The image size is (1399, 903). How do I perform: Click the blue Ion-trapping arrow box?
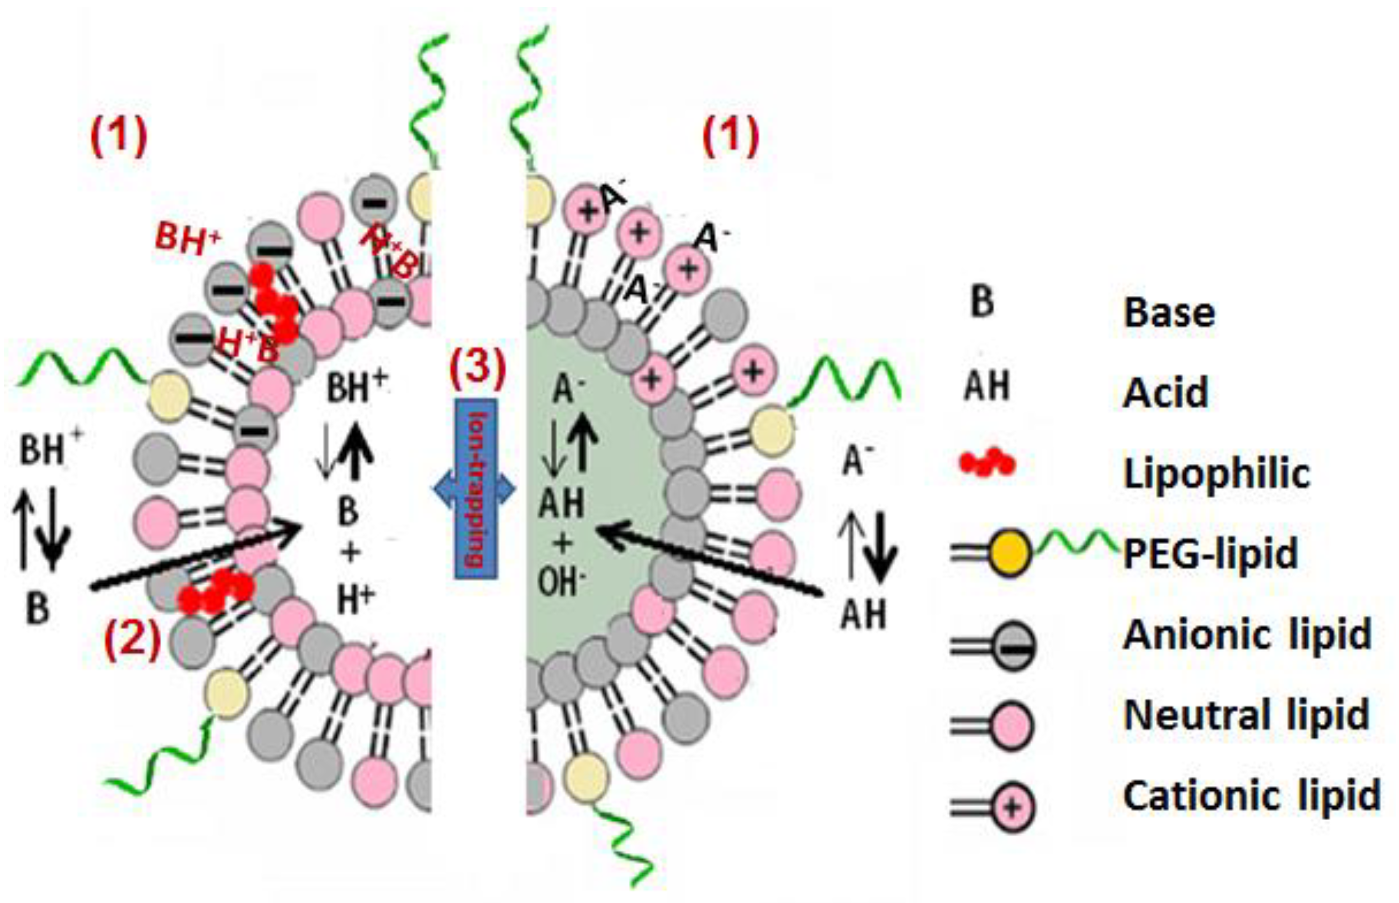(476, 488)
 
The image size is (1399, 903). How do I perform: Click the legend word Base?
(1169, 312)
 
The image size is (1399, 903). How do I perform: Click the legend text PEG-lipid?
(1210, 553)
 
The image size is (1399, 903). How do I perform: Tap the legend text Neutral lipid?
(1246, 715)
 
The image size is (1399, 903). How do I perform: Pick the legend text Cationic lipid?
(1251, 796)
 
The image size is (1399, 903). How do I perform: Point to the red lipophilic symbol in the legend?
(987, 463)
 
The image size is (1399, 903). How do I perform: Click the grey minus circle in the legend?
(1012, 647)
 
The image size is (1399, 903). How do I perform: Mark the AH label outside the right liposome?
(863, 614)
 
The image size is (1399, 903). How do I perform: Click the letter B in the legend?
(982, 303)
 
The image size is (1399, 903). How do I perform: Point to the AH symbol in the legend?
(987, 386)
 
